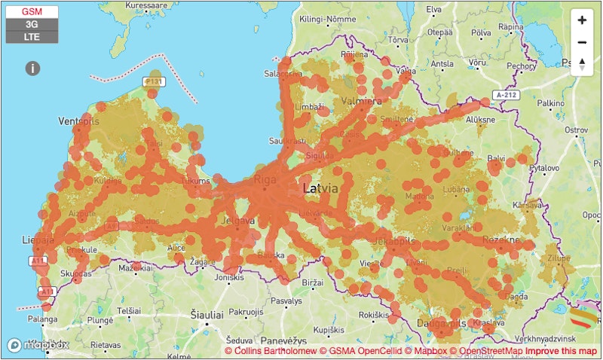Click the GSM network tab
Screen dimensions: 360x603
tap(32, 12)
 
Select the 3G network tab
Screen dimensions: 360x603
tap(32, 24)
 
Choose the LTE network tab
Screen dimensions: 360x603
tap(32, 36)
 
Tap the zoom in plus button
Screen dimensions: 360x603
tap(581, 20)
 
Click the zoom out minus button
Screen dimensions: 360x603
tap(581, 42)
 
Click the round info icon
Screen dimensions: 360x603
tap(32, 69)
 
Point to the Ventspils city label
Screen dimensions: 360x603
tap(79, 121)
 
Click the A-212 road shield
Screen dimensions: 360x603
tap(508, 95)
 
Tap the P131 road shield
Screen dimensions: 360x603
tap(154, 81)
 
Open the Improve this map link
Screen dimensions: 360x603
tap(561, 352)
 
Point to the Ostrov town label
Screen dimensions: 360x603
tap(575, 130)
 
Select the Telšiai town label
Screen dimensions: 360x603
tap(128, 310)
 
